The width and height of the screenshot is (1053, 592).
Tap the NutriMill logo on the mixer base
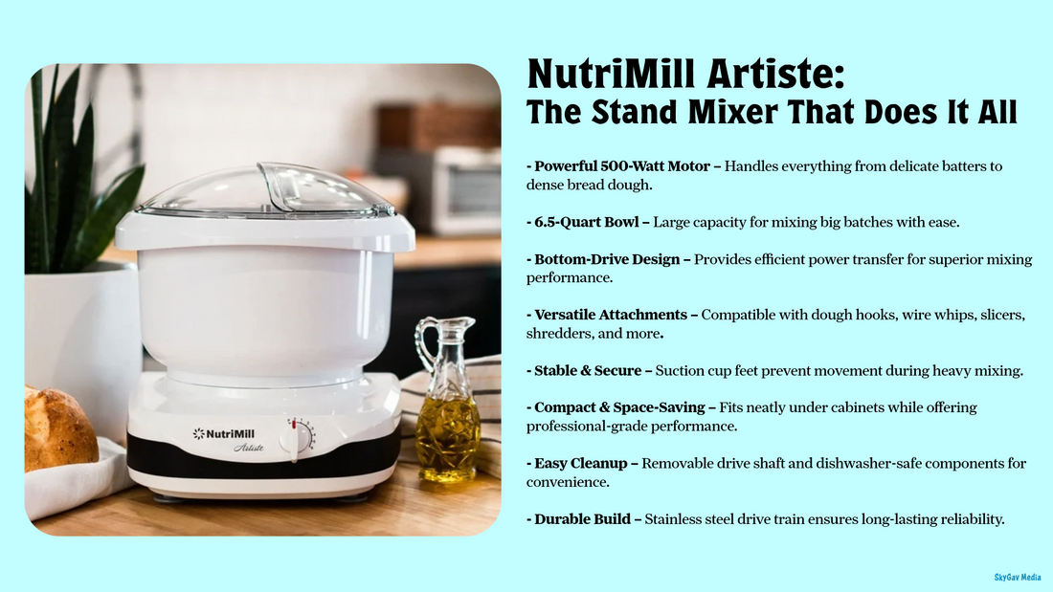tap(231, 433)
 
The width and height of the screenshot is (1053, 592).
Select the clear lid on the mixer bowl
tap(265, 191)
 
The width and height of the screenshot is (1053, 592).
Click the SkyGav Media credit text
tap(1018, 577)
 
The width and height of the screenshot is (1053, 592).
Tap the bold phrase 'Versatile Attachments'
tap(613, 315)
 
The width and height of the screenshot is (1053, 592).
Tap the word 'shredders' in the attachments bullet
tap(559, 334)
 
